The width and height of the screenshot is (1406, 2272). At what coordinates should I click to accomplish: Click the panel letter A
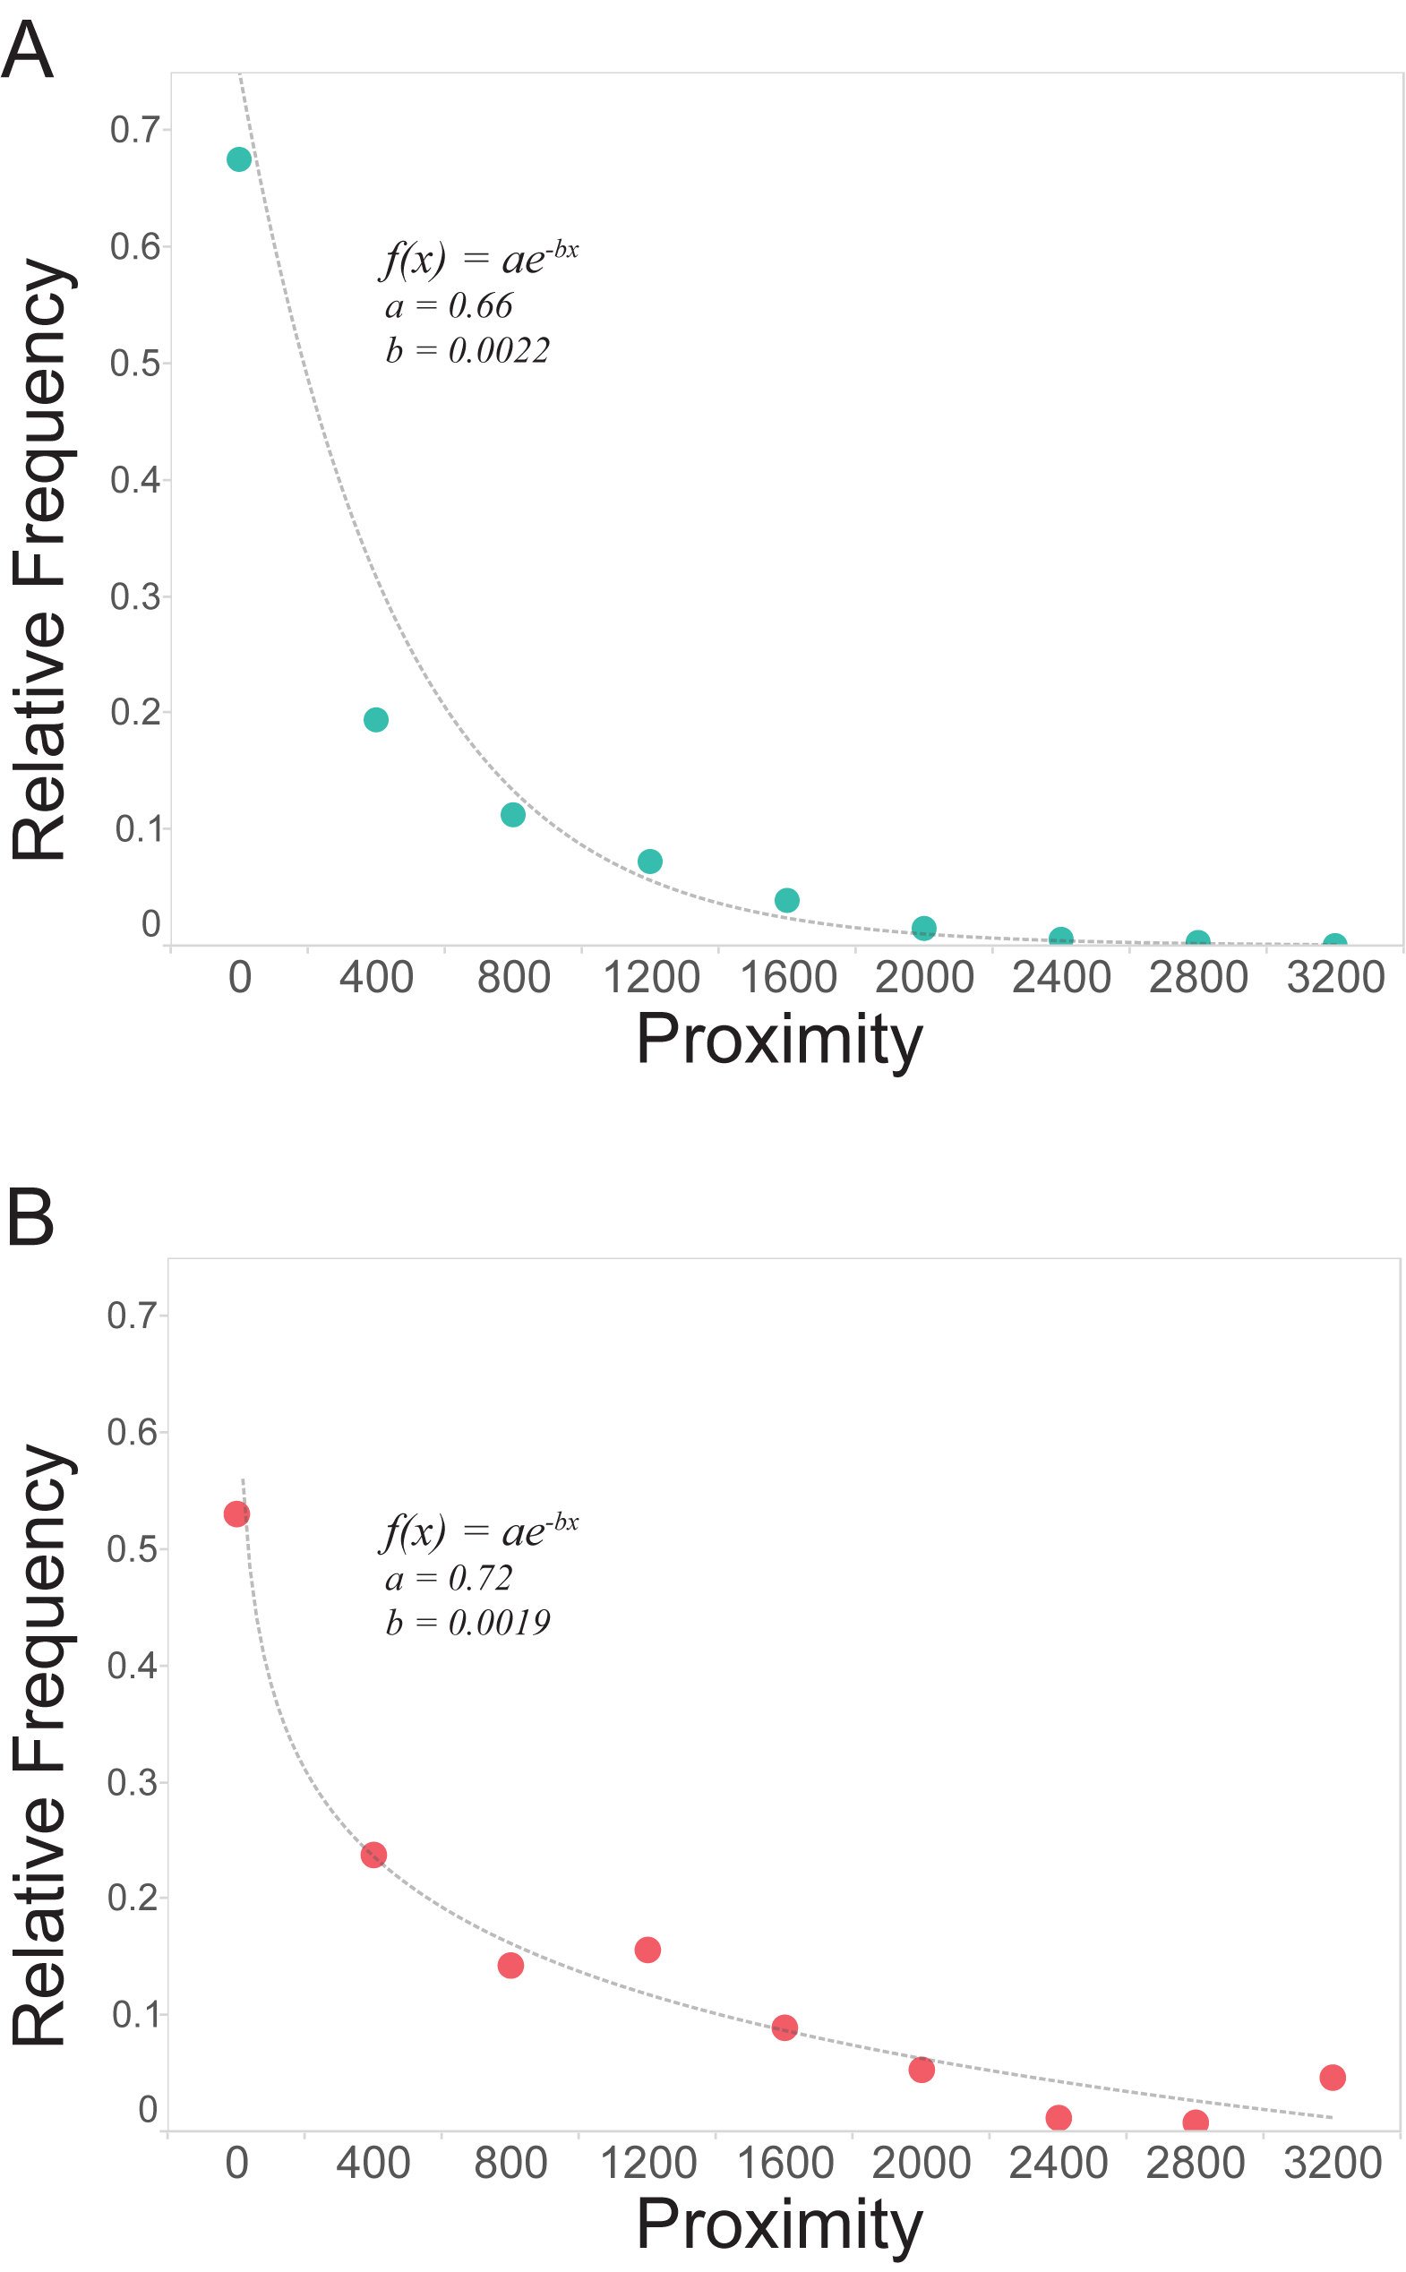point(27,50)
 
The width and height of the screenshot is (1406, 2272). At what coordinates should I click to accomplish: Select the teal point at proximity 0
point(239,160)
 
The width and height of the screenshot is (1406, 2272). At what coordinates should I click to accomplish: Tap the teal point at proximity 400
point(375,719)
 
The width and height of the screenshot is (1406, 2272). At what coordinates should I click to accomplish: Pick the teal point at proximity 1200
point(650,862)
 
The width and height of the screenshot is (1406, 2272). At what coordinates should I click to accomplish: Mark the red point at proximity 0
point(236,1514)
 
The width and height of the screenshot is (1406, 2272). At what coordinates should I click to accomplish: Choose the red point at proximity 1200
point(647,1950)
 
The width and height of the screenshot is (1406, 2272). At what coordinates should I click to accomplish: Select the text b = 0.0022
point(467,350)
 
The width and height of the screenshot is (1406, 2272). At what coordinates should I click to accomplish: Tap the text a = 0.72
point(450,1578)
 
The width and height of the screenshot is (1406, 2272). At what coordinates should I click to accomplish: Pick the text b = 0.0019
point(467,1622)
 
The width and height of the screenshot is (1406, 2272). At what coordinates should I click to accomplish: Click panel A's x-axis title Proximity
point(779,1039)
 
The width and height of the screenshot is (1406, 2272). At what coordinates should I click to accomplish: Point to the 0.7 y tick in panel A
point(135,130)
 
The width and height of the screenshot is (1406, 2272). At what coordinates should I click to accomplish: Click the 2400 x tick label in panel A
point(1061,978)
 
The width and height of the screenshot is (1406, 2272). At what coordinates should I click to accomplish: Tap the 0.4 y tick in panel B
point(132,1666)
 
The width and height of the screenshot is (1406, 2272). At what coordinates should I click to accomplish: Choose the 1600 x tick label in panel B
point(784,2163)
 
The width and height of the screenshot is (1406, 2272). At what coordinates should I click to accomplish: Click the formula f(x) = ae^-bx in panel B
point(480,1531)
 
